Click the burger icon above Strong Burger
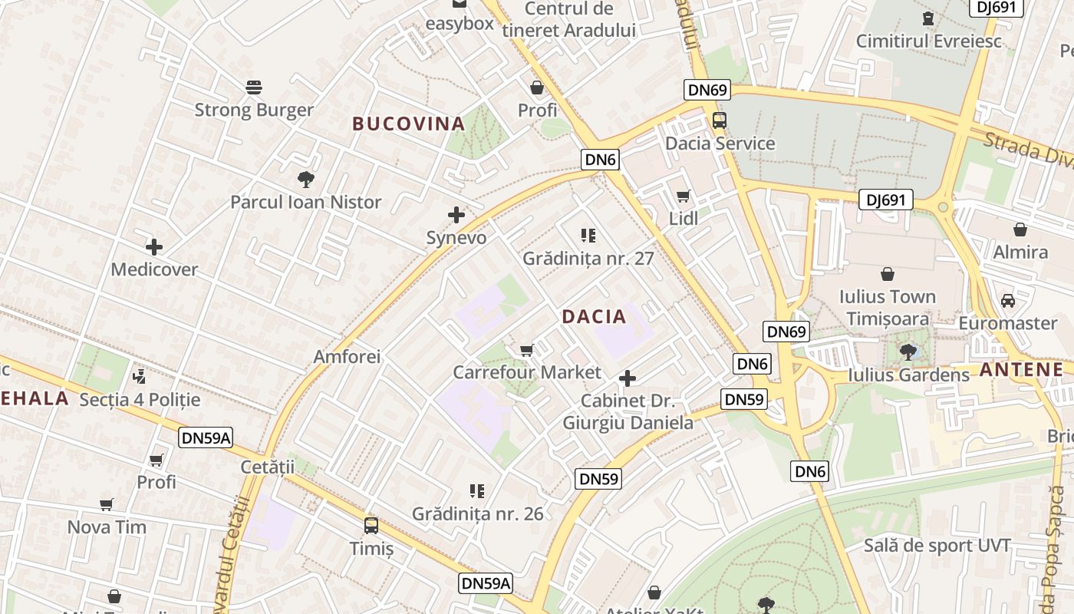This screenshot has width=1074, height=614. click(254, 87)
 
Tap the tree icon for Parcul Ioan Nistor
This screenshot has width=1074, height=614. click(306, 180)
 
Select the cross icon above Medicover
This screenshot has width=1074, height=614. click(154, 247)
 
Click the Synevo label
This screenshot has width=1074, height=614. click(456, 238)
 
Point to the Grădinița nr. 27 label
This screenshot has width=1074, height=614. click(588, 259)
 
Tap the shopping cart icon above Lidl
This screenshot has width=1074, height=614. click(683, 196)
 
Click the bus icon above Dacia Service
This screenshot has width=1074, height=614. click(720, 120)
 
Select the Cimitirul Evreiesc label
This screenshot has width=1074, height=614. click(929, 41)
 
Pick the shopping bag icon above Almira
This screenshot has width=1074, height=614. click(1020, 229)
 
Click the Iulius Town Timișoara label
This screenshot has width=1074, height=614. click(888, 308)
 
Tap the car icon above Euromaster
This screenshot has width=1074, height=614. click(1008, 301)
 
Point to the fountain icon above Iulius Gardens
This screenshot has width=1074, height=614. click(908, 352)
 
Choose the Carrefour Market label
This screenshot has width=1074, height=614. click(527, 373)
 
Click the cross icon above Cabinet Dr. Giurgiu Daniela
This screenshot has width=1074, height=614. click(628, 378)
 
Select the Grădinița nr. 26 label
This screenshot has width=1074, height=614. click(478, 513)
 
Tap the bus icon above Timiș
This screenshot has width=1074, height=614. click(371, 526)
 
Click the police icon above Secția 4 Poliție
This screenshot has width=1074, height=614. click(139, 376)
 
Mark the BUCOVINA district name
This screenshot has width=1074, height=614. click(409, 124)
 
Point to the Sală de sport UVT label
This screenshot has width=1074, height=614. click(937, 546)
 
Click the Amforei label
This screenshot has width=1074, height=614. click(347, 357)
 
